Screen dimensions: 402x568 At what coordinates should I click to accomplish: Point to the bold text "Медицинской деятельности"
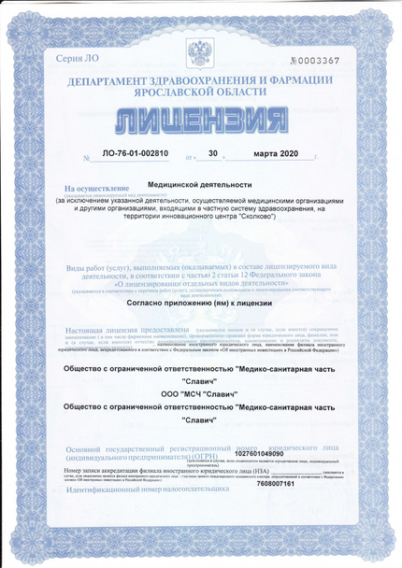(200, 185)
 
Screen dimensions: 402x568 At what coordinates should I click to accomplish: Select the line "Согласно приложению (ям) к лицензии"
(201, 304)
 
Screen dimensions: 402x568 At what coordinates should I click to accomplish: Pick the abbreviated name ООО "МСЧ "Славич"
(201, 392)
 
